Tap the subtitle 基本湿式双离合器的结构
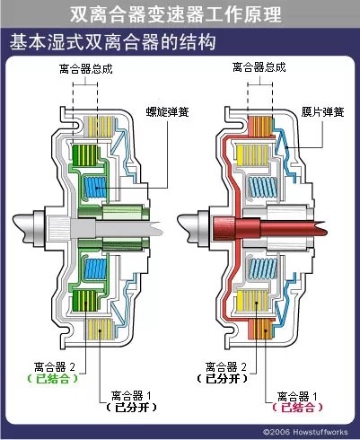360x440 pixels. (x=111, y=42)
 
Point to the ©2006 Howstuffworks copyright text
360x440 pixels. (x=306, y=433)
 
